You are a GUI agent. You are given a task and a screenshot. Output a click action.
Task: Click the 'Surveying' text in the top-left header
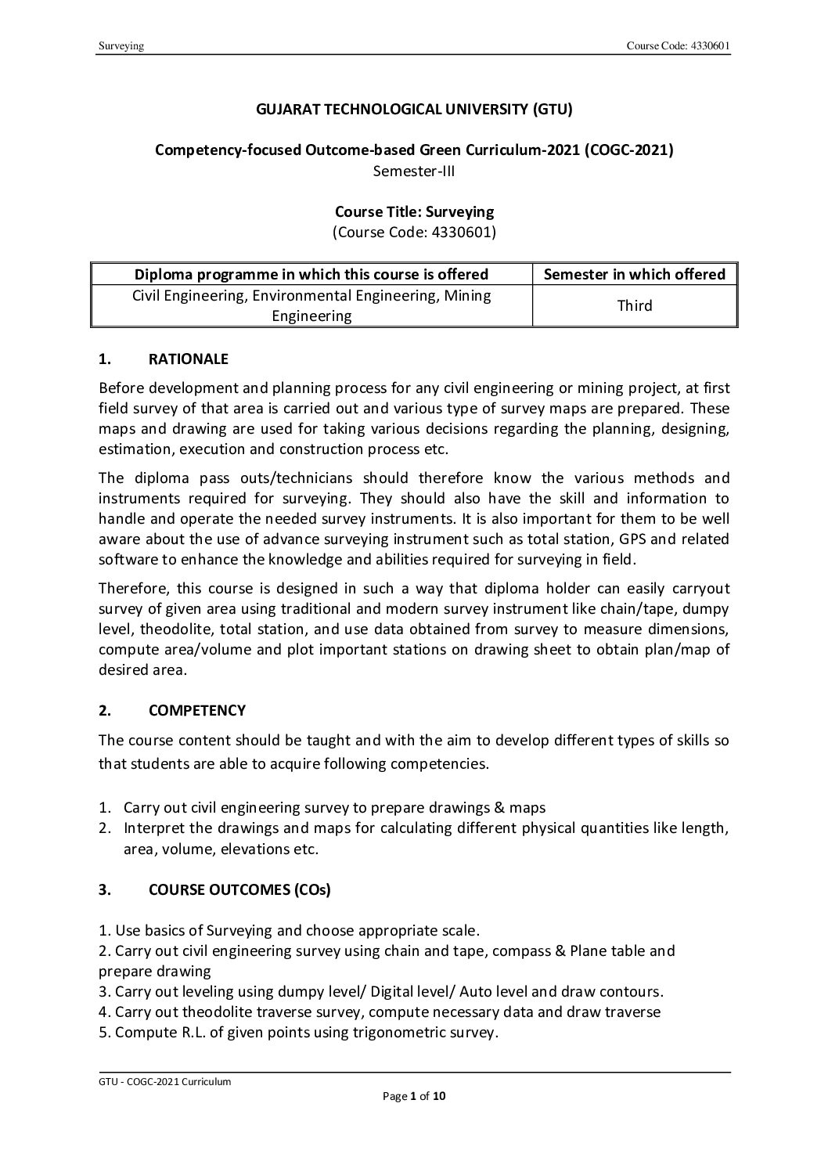click(x=121, y=46)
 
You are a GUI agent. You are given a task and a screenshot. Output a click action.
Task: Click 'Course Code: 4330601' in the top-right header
click(x=678, y=46)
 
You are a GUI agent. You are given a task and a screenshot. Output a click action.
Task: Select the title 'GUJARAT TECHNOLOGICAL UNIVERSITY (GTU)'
click(x=414, y=110)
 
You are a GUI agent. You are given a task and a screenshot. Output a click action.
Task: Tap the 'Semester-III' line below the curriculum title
click(x=414, y=170)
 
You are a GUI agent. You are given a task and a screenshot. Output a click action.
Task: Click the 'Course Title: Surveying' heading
click(x=414, y=211)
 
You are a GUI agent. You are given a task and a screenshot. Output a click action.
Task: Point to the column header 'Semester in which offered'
click(x=634, y=274)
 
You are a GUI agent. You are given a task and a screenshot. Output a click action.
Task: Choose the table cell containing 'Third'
click(x=634, y=305)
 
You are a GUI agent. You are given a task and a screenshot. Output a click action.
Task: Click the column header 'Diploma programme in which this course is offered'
click(x=311, y=274)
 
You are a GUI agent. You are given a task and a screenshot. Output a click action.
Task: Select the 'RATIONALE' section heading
click(x=188, y=359)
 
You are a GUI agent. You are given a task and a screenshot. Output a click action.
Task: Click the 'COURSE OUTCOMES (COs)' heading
click(x=239, y=889)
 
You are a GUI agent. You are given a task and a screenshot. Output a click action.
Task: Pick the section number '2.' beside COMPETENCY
click(x=106, y=710)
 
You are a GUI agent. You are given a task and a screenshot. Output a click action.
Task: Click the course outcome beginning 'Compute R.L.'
click(x=298, y=1032)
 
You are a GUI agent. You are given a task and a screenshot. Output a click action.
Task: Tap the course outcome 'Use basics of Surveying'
click(x=289, y=930)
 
